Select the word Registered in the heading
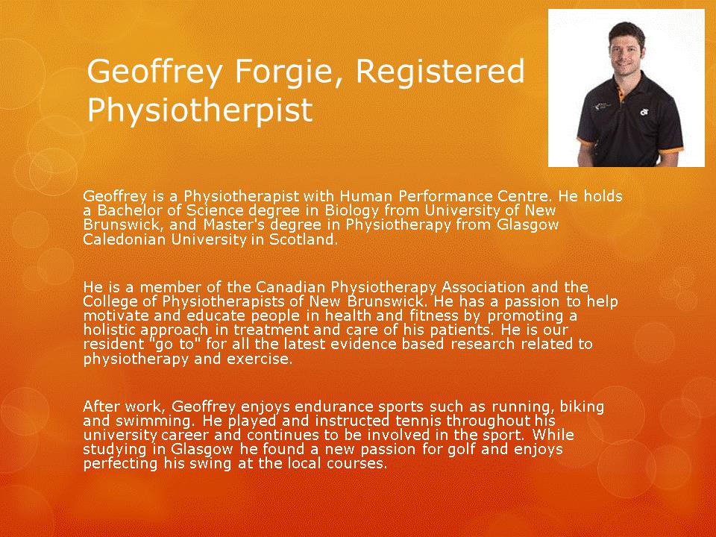[x=440, y=71]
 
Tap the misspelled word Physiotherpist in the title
[x=200, y=110]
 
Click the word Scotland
[x=304, y=239]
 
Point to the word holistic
[x=109, y=330]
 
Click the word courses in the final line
[x=357, y=464]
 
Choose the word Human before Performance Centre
[x=366, y=196]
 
